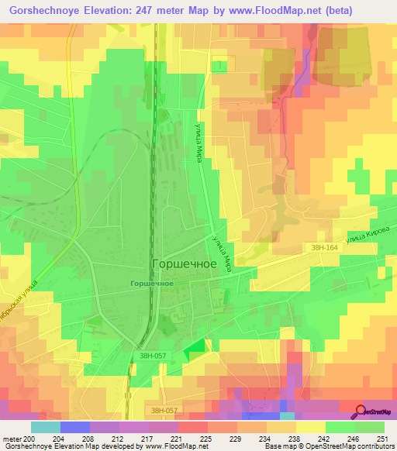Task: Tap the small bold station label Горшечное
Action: tap(151, 284)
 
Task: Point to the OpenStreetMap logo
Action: tap(375, 411)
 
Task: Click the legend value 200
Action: tap(31, 438)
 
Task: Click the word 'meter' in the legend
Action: tap(12, 438)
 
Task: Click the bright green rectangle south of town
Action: tap(197, 350)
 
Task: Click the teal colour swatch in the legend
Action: tap(46, 427)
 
